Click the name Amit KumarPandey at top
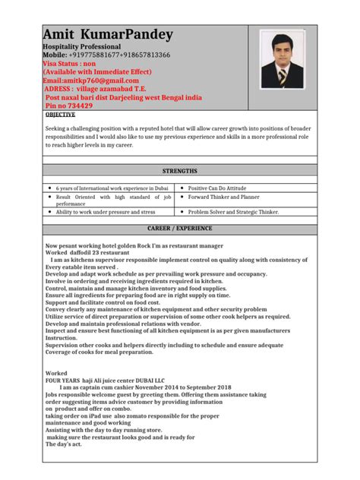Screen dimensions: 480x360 (108, 35)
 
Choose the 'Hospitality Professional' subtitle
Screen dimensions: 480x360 (82, 47)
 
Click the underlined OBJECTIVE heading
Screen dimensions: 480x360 (62, 115)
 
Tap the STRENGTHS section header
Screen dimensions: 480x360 (179, 171)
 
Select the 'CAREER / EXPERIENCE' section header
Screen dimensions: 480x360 (179, 229)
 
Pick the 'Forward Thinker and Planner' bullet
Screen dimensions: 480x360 (228, 197)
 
